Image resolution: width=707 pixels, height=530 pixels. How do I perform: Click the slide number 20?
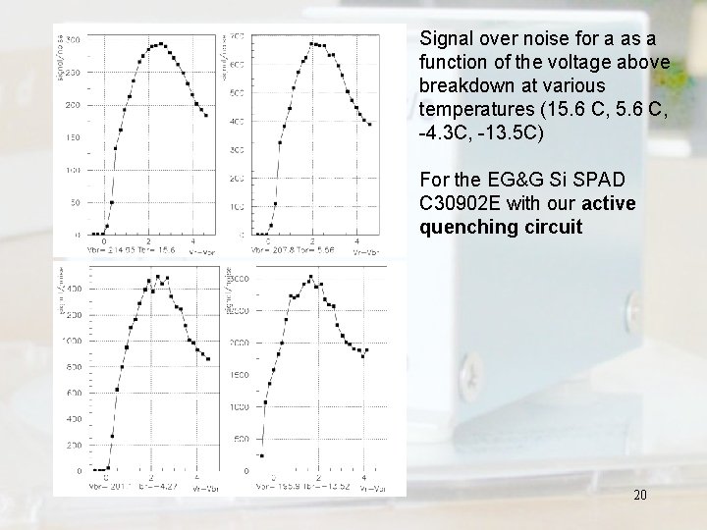pos(639,496)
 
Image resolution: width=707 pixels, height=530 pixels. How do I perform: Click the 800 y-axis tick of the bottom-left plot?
pos(74,366)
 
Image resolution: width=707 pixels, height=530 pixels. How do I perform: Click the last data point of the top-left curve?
pos(206,115)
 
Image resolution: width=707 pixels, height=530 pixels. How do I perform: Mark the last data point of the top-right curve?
pos(368,125)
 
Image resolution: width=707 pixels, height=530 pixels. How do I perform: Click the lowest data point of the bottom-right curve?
pos(262,454)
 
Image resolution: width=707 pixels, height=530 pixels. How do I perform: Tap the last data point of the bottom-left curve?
pos(208,359)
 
